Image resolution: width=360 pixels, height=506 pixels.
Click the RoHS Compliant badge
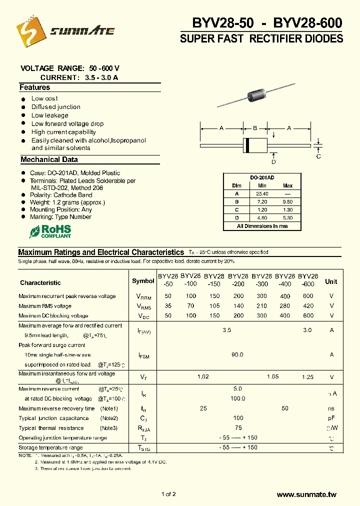(50, 231)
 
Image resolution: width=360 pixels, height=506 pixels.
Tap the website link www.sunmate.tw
(306, 494)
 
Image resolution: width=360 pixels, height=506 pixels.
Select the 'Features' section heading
(35, 87)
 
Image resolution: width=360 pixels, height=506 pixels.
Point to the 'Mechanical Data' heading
(49, 159)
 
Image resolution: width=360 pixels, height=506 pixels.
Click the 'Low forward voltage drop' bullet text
(67, 123)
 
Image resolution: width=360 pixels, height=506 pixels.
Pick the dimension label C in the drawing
(318, 156)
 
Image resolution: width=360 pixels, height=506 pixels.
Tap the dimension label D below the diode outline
(273, 161)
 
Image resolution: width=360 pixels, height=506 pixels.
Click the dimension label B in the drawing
(254, 128)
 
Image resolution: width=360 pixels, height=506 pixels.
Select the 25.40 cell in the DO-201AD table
(262, 193)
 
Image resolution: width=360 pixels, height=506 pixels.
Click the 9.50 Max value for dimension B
(287, 201)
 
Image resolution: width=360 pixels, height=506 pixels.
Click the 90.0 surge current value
(237, 354)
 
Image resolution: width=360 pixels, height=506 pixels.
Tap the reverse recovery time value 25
(203, 408)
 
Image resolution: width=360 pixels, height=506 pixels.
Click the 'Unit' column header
(331, 281)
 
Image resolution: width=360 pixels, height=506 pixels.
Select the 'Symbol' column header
(143, 281)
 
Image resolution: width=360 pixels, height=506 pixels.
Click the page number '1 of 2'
(168, 494)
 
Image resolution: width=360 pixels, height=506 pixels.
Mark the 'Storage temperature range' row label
(50, 447)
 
